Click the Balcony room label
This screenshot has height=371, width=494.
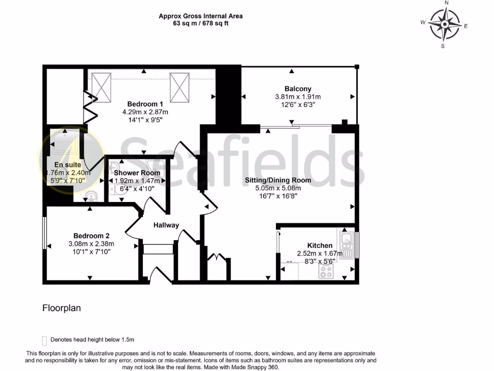coord(298,89)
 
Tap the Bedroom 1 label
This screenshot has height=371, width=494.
coord(145,104)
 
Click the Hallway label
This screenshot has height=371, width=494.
coord(166,225)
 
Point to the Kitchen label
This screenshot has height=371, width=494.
coord(320,245)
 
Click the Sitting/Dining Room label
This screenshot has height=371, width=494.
coord(278,180)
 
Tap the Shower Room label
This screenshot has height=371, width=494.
coord(137,173)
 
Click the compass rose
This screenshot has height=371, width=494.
coord(444,24)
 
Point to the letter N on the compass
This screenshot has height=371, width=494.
coord(446,3)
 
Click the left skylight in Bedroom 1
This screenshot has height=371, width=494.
coord(101,87)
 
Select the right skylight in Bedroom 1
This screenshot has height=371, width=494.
coord(179,87)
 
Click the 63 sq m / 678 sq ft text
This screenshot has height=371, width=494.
coord(201,23)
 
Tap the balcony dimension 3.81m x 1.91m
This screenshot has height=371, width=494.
coord(298,97)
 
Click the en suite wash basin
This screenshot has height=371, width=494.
coord(91,196)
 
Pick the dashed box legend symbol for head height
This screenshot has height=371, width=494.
coord(45,340)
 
